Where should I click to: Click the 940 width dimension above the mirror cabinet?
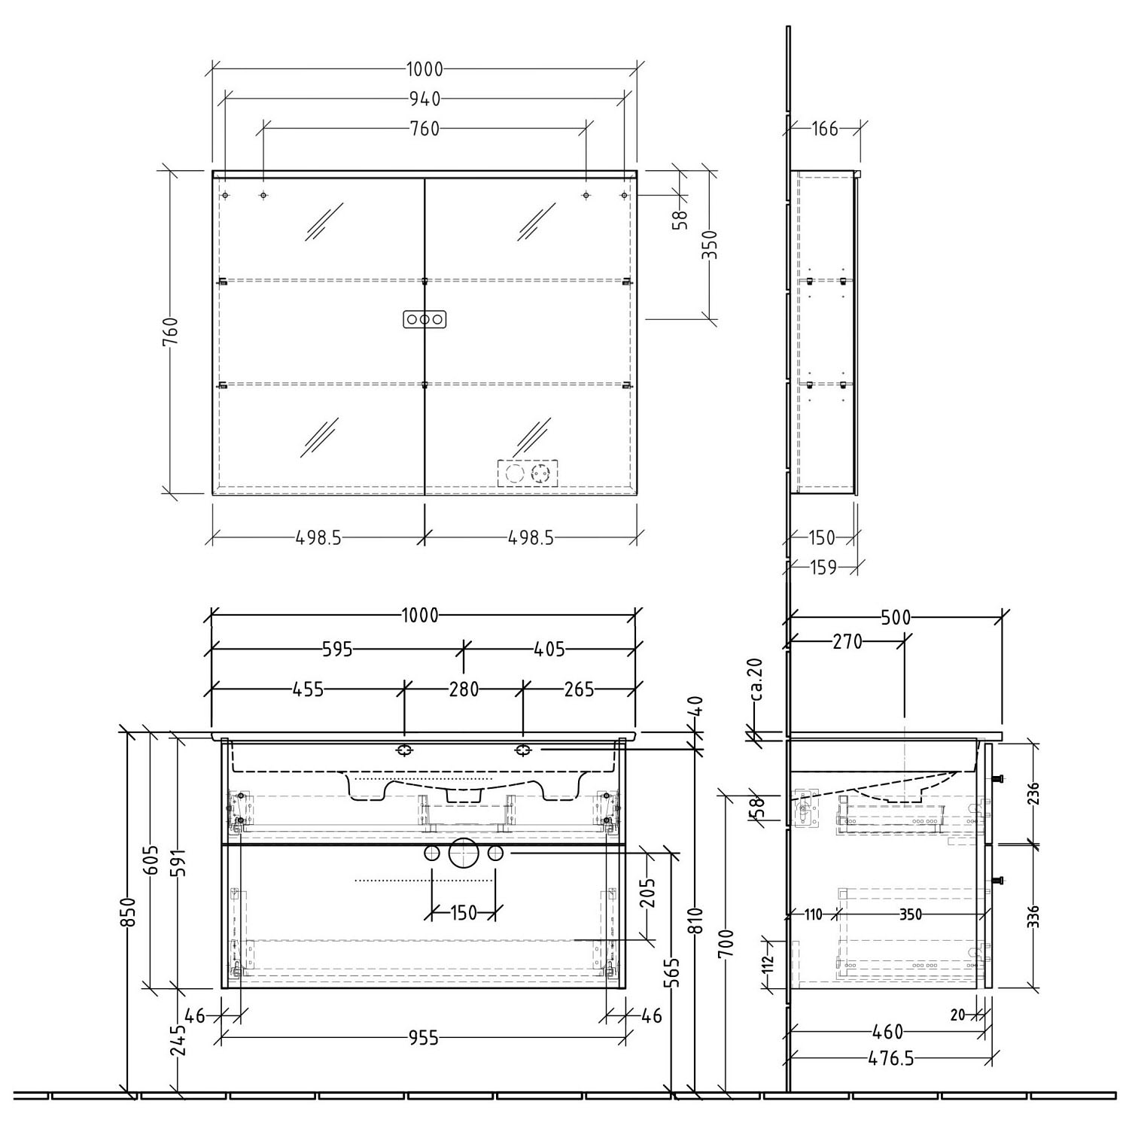425,99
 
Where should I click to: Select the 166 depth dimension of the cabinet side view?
825,129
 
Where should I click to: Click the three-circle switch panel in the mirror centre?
425,319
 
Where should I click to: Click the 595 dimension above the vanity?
337,649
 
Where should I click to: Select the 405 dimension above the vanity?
550,649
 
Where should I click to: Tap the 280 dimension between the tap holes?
464,689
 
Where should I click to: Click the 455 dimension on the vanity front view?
308,689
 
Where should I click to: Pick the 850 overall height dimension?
130,912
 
